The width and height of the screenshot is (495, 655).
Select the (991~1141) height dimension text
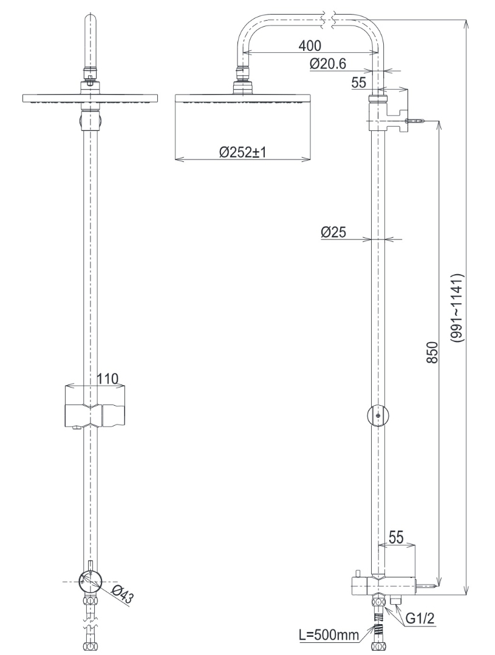pyautogui.click(x=460, y=309)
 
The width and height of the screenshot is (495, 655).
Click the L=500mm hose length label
pyautogui.click(x=328, y=635)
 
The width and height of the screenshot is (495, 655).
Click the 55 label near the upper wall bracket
pyautogui.click(x=360, y=83)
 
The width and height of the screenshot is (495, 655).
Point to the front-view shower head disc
pyautogui.click(x=90, y=98)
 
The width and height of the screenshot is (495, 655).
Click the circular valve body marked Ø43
pyautogui.click(x=90, y=582)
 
